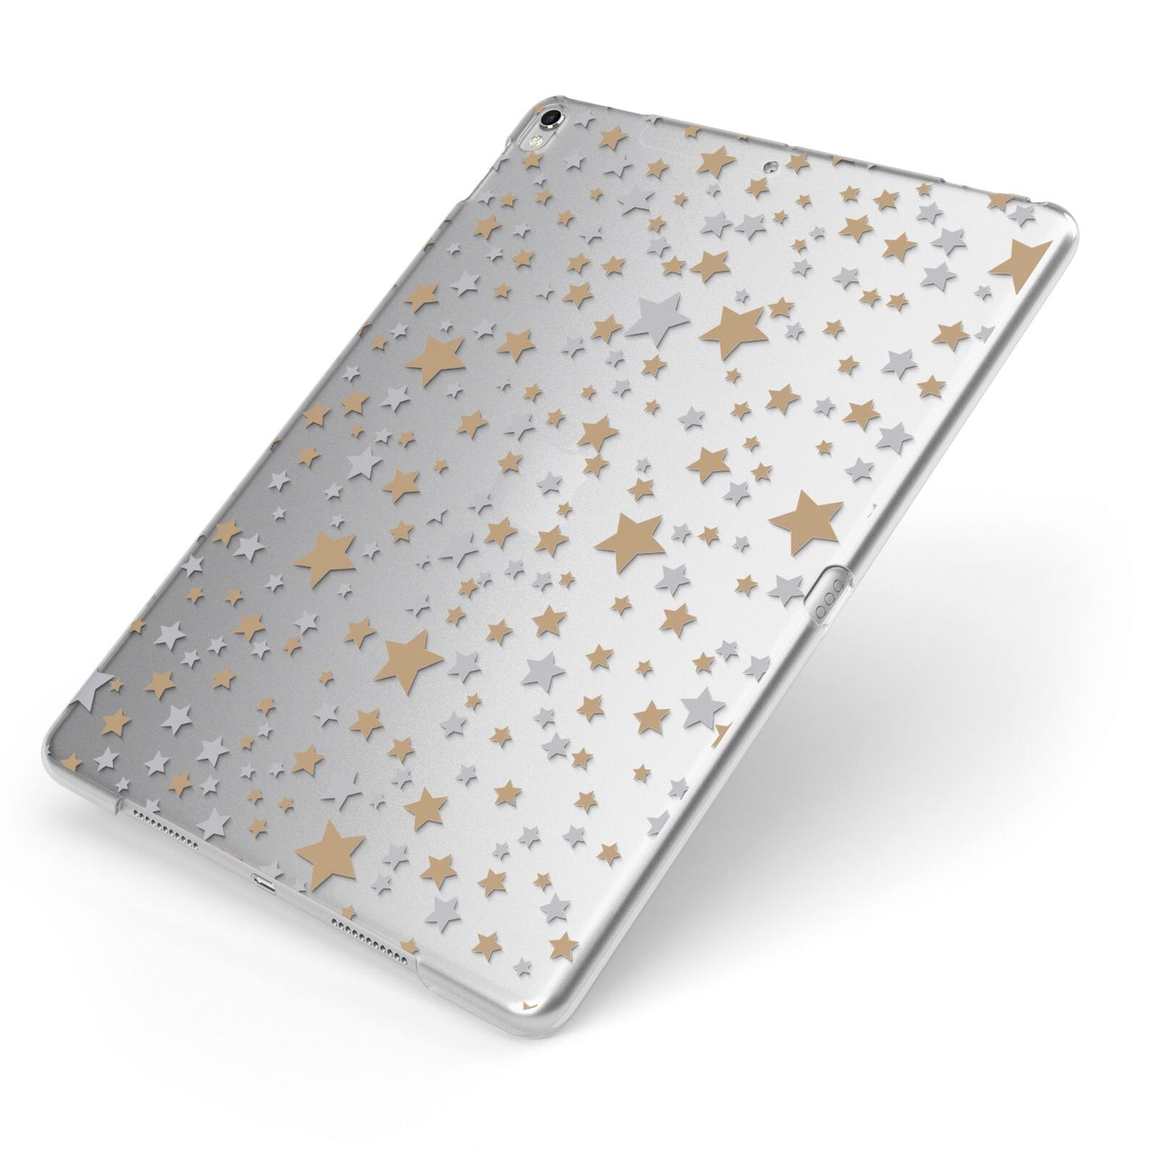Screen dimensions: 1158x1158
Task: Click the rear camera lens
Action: (551, 117)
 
